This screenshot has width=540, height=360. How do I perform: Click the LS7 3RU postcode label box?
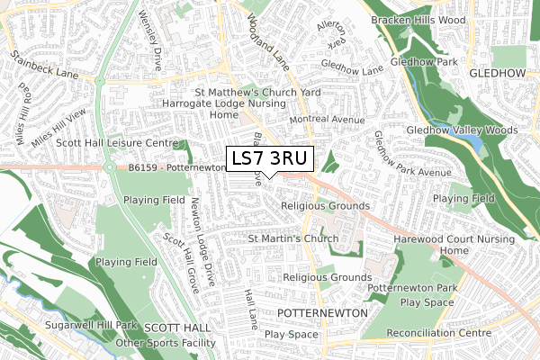[270, 158]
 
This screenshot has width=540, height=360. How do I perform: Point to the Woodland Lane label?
[271, 36]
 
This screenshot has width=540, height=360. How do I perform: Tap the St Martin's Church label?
[292, 238]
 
